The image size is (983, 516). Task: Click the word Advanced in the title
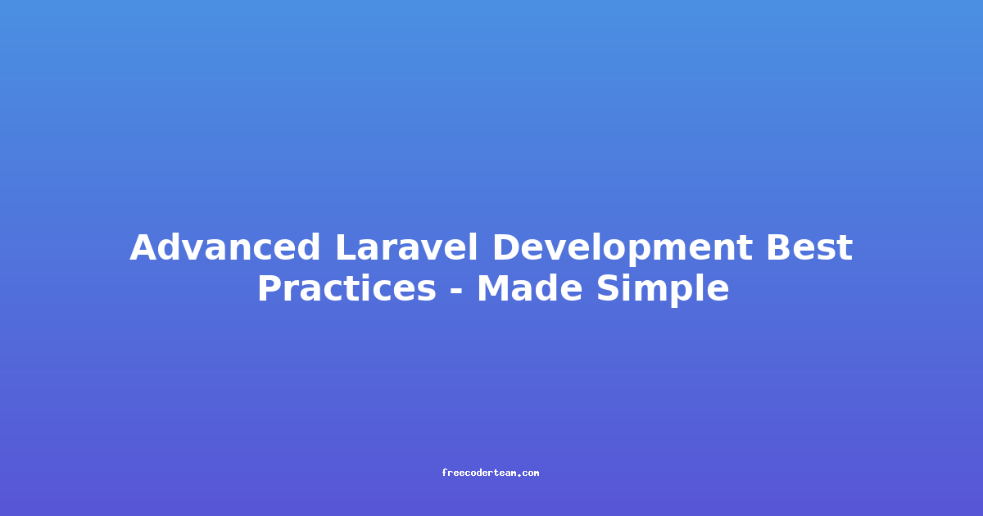[224, 247]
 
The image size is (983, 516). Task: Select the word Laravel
[406, 247]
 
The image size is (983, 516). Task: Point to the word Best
[809, 247]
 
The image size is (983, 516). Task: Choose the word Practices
[347, 288]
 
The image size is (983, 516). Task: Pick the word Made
[530, 288]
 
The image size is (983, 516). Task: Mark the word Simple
[663, 291]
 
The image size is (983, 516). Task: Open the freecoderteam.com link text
[491, 473]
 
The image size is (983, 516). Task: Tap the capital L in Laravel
[347, 247]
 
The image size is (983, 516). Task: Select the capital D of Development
[507, 247]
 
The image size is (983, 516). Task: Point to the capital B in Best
[779, 247]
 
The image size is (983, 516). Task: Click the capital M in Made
[494, 288]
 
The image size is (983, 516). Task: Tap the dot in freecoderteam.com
[519, 475]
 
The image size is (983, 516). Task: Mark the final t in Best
[845, 249]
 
